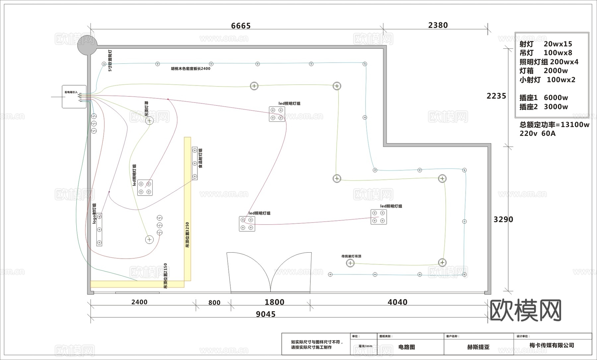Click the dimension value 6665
(241, 26)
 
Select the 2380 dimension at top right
(438, 25)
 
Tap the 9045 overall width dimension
(266, 314)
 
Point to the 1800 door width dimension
(274, 302)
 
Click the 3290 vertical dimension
(503, 219)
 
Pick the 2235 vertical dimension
(496, 96)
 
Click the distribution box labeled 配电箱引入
(74, 96)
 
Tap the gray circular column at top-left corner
(87, 45)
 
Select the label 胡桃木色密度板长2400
(190, 69)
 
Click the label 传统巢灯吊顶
(351, 256)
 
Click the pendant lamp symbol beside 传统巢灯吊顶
(350, 263)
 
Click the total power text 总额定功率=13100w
(554, 125)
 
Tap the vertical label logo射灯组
(94, 213)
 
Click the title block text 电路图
(407, 347)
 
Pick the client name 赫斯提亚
(478, 347)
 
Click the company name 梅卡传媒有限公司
(552, 345)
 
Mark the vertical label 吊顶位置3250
(187, 235)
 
